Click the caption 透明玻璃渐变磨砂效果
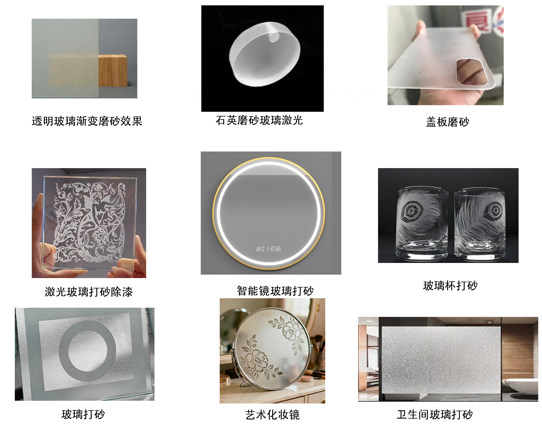tap(87, 121)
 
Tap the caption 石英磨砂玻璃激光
tap(259, 120)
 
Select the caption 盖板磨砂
tap(447, 122)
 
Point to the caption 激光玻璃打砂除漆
tap(89, 292)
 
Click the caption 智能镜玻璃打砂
tap(275, 291)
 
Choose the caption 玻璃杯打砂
tap(450, 285)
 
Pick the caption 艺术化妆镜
tap(272, 414)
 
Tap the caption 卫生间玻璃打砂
tap(435, 414)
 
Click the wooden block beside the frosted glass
tap(113, 71)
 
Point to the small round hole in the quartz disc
tap(273, 37)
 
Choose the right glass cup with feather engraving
tap(480, 225)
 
